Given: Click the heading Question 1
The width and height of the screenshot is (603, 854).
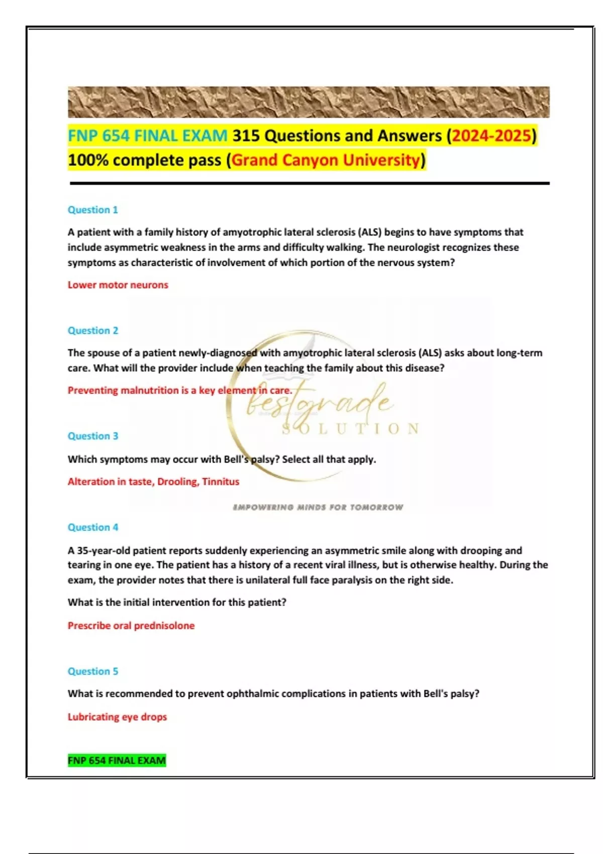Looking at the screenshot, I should coord(93,210).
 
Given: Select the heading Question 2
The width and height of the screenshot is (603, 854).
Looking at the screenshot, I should coord(93,331).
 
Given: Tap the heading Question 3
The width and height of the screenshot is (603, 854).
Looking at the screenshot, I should coord(93,436).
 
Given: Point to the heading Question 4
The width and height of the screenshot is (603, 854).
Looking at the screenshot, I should coord(93,527).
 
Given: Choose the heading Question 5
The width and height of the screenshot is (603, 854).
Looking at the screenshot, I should coord(93,672).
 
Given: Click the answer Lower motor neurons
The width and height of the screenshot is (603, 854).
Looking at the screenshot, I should coord(118,285).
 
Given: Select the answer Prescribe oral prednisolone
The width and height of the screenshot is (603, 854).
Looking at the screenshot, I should coord(131,625).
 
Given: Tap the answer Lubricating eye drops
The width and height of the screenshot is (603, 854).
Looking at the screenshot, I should coord(117,717).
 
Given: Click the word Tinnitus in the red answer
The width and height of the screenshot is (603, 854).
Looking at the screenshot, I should coord(221,482).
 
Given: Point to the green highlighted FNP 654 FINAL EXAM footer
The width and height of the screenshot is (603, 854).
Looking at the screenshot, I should coord(117,761).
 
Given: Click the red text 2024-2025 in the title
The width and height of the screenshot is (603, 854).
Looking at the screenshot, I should coord(491,136).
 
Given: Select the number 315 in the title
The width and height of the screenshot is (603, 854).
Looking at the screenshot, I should coord(246,136).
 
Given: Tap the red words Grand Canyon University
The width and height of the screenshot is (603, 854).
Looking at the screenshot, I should coord(326,160).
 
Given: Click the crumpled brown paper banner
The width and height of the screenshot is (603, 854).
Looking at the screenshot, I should coord(309,102).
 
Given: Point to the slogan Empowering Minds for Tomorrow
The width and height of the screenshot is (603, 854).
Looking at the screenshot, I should coord(318,507).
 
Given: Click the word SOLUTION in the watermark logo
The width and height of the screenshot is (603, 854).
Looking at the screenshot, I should coord(351,429).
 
